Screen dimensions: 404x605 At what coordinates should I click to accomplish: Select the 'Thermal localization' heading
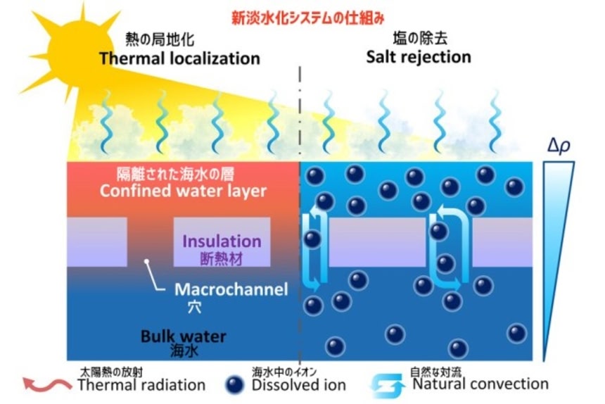click(179, 58)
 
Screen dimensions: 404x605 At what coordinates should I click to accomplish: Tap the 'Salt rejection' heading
click(419, 56)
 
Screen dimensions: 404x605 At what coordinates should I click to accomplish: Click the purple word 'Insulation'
click(222, 241)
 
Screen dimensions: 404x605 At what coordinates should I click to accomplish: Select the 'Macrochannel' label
click(231, 289)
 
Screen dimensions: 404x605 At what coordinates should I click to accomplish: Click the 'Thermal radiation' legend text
click(141, 385)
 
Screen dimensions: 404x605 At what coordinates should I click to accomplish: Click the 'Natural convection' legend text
click(480, 384)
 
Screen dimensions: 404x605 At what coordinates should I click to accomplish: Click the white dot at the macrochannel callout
click(147, 261)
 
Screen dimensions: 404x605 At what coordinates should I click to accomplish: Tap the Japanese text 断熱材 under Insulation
click(222, 258)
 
